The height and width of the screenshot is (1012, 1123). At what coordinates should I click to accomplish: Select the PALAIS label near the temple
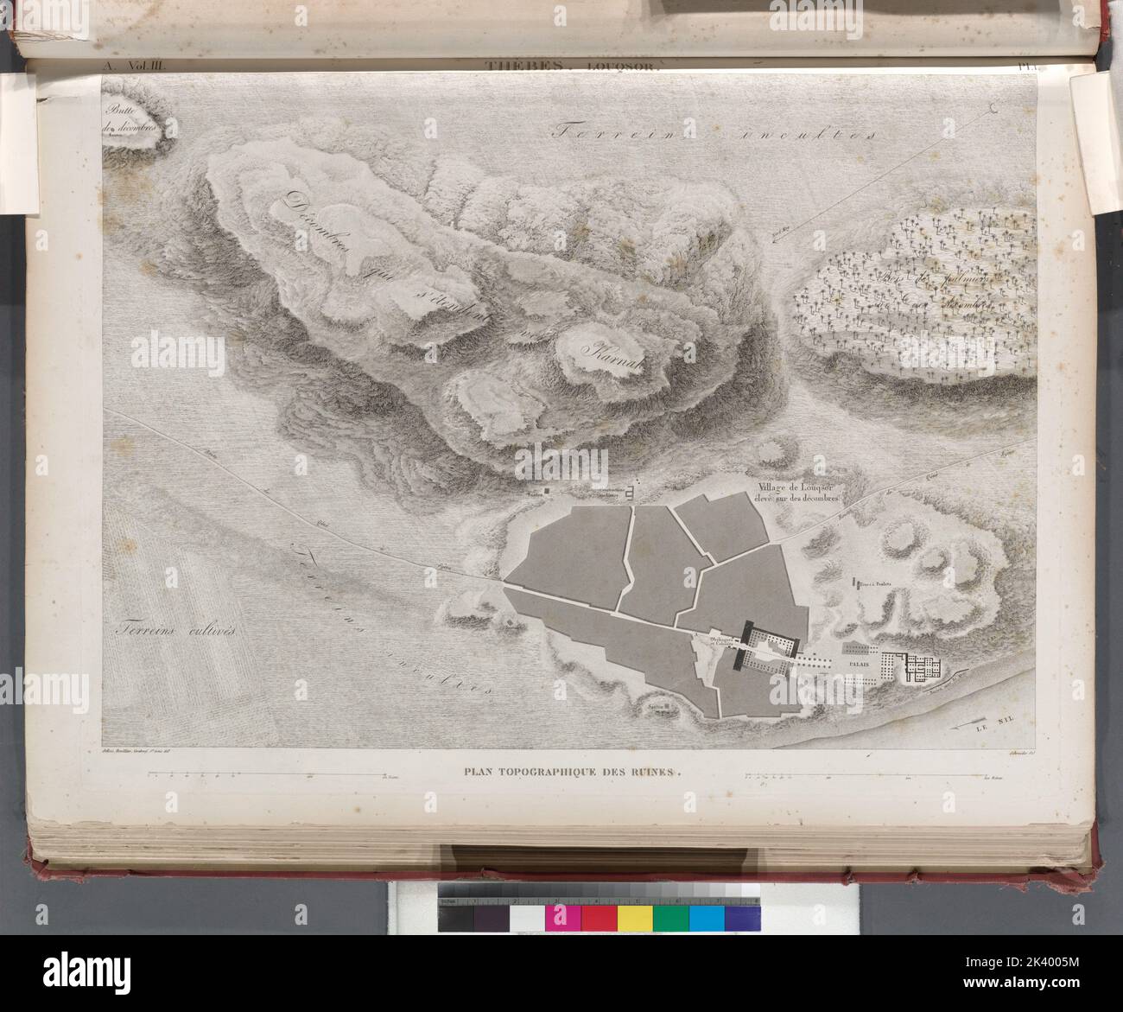click(x=859, y=665)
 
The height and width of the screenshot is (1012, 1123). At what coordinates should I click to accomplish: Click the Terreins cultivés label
click(x=179, y=630)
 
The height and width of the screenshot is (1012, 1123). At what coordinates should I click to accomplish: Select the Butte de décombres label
click(x=132, y=125)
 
